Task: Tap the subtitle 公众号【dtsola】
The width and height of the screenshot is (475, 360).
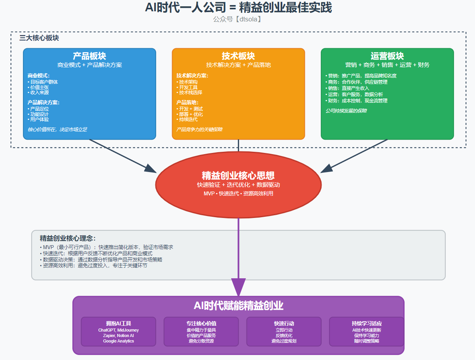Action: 237,19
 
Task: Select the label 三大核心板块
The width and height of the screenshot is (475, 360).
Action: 39,38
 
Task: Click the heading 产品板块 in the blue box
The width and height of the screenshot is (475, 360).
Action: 90,56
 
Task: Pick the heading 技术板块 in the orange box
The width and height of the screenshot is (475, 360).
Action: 238,56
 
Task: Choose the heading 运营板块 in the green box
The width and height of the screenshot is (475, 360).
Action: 387,56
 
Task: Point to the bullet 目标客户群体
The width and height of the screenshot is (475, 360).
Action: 44,82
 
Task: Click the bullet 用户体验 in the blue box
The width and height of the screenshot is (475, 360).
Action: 39,119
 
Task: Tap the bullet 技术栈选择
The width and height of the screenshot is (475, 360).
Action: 190,93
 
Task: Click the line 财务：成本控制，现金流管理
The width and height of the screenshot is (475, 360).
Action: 357,101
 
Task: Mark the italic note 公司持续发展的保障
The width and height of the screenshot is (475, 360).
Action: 346,111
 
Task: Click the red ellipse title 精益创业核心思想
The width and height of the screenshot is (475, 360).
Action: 238,176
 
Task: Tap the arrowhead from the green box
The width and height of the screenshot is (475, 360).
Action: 327,168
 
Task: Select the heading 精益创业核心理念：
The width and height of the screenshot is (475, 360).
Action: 67,239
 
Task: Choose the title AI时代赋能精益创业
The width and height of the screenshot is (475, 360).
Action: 238,306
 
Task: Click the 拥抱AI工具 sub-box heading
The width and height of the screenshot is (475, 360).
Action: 118,323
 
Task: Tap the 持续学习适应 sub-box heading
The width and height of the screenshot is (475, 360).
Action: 366,323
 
